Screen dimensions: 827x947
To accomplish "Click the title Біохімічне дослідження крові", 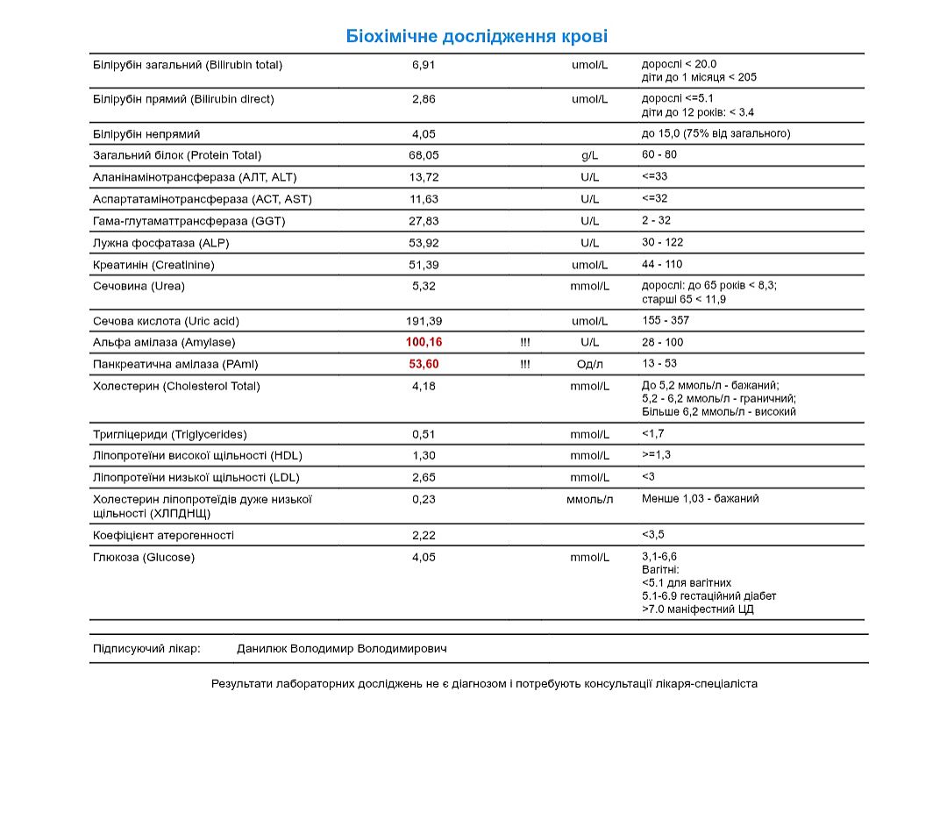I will pyautogui.click(x=476, y=37).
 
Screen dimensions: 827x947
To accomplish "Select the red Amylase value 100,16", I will pyautogui.click(x=424, y=342).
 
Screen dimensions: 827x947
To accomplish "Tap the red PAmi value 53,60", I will pyautogui.click(x=424, y=364).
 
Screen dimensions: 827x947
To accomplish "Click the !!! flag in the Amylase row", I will pyautogui.click(x=524, y=342).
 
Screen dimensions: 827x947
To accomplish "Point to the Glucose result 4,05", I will pyautogui.click(x=424, y=557).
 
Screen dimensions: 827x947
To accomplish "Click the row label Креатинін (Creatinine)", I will pyautogui.click(x=153, y=265).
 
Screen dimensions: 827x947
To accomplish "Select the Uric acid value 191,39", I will pyautogui.click(x=424, y=321).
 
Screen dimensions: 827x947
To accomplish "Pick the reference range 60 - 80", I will pyautogui.click(x=659, y=154).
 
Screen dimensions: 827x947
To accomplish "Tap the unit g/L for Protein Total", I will pyautogui.click(x=589, y=155).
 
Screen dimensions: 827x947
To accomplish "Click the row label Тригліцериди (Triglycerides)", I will pyautogui.click(x=170, y=434).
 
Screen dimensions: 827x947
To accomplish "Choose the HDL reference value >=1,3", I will pyautogui.click(x=656, y=454).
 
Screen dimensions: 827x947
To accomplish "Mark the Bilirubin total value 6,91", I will pyautogui.click(x=424, y=65).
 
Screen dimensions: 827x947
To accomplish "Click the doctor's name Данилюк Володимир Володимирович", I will pyautogui.click(x=342, y=649).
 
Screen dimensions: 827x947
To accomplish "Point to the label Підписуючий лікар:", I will pyautogui.click(x=146, y=649).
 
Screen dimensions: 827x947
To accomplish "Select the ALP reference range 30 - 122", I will pyautogui.click(x=662, y=242).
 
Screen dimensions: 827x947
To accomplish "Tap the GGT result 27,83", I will pyautogui.click(x=424, y=221).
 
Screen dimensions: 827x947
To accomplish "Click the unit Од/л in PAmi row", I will pyautogui.click(x=589, y=364).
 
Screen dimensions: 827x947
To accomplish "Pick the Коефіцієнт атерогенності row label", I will pyautogui.click(x=163, y=535).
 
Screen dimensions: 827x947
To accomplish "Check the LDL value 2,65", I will pyautogui.click(x=424, y=477).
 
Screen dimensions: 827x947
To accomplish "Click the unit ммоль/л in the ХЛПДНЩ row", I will pyautogui.click(x=589, y=499).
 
